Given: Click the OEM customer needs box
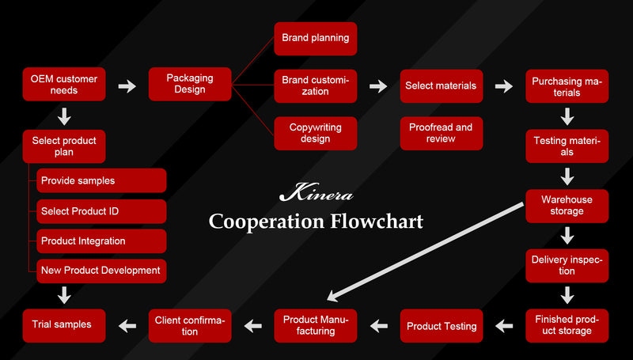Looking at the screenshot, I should (64, 85).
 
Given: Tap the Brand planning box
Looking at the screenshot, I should (315, 38).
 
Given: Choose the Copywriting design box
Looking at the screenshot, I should (315, 133).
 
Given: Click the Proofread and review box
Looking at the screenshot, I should (441, 133).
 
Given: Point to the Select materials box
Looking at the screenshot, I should (441, 85).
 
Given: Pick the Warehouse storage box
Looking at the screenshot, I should (567, 205).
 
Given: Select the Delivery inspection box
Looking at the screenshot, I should (567, 265).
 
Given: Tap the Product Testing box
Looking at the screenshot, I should (442, 325).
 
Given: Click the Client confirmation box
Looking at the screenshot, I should (191, 325).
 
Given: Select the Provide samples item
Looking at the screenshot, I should (102, 180).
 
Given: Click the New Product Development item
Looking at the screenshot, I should (102, 271).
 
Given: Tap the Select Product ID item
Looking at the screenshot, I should (102, 210).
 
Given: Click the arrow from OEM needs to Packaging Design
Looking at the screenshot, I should (127, 85).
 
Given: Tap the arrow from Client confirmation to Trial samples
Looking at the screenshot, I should (127, 324).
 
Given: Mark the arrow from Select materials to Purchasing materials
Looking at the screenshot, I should (504, 85).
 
